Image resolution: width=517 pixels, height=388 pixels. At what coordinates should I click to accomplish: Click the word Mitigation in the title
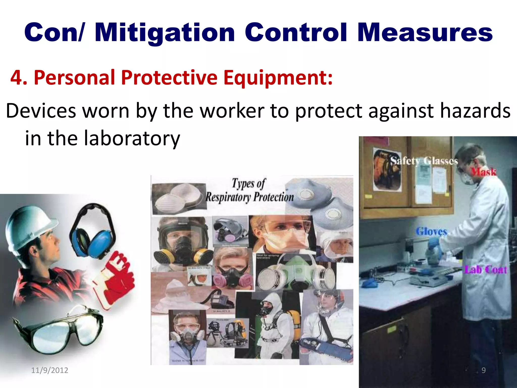click(164, 33)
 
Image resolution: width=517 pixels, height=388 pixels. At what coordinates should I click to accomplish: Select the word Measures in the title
click(425, 33)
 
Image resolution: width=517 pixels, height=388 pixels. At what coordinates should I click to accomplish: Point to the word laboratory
click(132, 138)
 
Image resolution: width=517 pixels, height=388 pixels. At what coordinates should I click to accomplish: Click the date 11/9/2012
click(49, 370)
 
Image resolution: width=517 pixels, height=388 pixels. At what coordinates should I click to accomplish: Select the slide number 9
click(483, 370)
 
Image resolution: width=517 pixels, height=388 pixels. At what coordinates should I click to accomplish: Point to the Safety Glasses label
click(424, 161)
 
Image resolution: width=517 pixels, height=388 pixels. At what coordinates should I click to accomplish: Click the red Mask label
click(483, 172)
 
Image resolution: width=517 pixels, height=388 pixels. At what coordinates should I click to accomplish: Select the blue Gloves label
click(431, 231)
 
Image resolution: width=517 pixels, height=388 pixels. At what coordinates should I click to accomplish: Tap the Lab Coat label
click(485, 270)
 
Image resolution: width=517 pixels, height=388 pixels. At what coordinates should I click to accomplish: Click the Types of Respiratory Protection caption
click(249, 190)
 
